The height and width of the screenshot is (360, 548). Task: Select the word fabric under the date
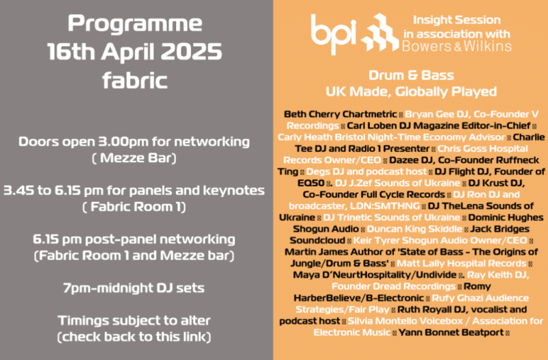(135, 80)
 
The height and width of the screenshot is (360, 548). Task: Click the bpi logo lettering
(334, 34)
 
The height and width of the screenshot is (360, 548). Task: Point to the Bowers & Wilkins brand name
(457, 47)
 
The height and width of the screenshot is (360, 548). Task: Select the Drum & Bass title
(411, 75)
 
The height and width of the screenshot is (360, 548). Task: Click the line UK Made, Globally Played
(411, 92)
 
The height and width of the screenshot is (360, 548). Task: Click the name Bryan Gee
(427, 114)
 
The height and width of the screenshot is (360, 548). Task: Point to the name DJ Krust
(489, 183)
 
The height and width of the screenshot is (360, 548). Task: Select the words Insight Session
(457, 20)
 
